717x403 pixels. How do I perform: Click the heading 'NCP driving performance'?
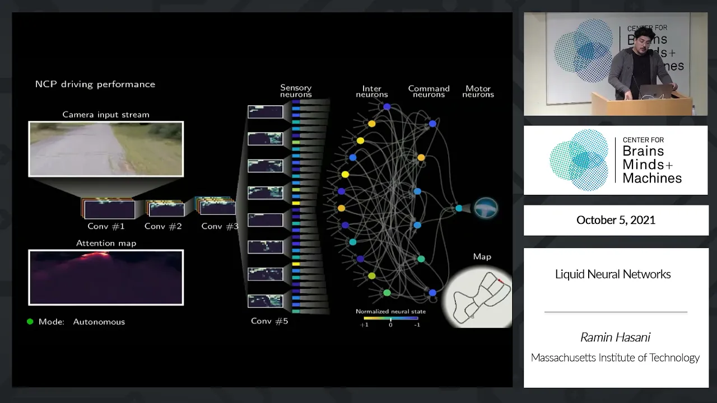point(95,85)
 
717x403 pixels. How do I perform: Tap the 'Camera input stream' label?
point(106,115)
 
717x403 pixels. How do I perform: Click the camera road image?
point(106,149)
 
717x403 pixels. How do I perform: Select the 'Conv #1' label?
point(106,227)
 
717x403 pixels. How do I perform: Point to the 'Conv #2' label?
point(163,227)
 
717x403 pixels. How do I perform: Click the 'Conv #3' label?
point(220,227)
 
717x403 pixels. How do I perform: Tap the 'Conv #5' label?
point(269,321)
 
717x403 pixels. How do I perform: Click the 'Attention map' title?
point(106,243)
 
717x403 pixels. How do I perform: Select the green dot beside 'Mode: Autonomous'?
point(30,322)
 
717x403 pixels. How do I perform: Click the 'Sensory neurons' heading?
point(296,91)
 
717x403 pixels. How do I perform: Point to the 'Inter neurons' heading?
point(372,91)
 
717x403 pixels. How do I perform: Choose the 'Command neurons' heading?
point(429,91)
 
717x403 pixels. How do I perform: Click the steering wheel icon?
point(486,208)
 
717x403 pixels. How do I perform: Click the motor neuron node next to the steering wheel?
point(459,208)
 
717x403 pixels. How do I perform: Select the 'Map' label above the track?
point(482,257)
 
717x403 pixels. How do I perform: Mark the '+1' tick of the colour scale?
point(364,325)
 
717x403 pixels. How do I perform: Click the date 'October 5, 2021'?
point(616,220)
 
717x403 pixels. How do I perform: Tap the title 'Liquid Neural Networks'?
point(613,274)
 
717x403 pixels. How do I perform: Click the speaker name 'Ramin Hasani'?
point(615,338)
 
